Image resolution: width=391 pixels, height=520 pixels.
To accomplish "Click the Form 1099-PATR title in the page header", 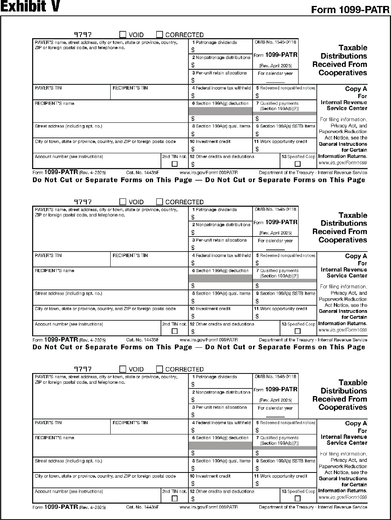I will point(350,10).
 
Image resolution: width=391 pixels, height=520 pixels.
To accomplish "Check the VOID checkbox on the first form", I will point(123,35).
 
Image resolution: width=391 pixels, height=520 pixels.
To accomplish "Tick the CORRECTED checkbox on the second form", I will point(159,202).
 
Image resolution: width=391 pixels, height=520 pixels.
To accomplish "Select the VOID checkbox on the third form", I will point(123,369).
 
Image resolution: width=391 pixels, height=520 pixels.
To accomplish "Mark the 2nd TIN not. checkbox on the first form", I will point(174,164).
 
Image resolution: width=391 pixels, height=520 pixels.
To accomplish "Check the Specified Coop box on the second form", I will point(298,331).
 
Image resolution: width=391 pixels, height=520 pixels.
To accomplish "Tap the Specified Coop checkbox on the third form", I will point(298,499).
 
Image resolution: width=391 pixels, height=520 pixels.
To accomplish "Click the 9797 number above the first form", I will point(83,35).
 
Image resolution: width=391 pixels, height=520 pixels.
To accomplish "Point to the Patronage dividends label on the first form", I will point(216,42).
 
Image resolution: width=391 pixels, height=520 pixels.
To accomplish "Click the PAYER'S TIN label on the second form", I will point(48,255).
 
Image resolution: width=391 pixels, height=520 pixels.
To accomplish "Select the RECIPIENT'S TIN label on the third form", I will point(130,423).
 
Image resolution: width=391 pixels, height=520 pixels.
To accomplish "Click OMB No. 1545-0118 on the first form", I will point(275,42).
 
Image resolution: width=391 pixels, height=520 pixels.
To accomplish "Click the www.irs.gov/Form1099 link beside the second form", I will point(343,330).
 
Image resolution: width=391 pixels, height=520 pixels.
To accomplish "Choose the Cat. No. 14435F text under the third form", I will point(142,507).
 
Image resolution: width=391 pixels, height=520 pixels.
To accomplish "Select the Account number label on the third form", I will point(69,491).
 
